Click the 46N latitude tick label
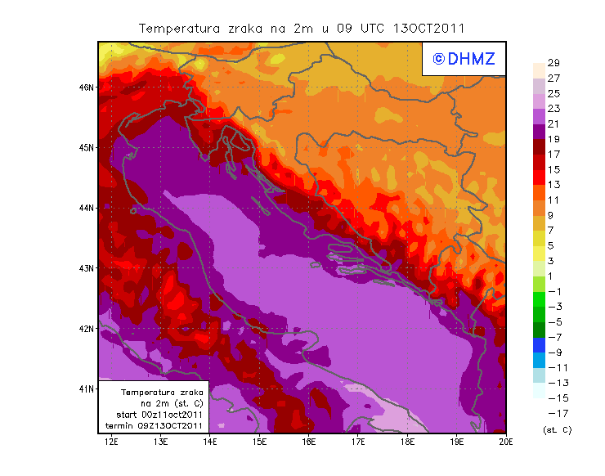pos(88,87)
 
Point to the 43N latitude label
pos(88,268)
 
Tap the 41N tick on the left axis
pos(88,388)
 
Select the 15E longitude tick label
pos(260,442)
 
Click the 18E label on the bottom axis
pos(408,442)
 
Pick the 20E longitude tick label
pos(506,442)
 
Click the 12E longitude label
pos(111,442)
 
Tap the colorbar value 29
pos(553,63)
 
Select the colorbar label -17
pos(553,413)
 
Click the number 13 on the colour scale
pos(553,185)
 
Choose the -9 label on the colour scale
pos(553,353)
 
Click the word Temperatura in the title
pos(179,28)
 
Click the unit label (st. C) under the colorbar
pos(557,429)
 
